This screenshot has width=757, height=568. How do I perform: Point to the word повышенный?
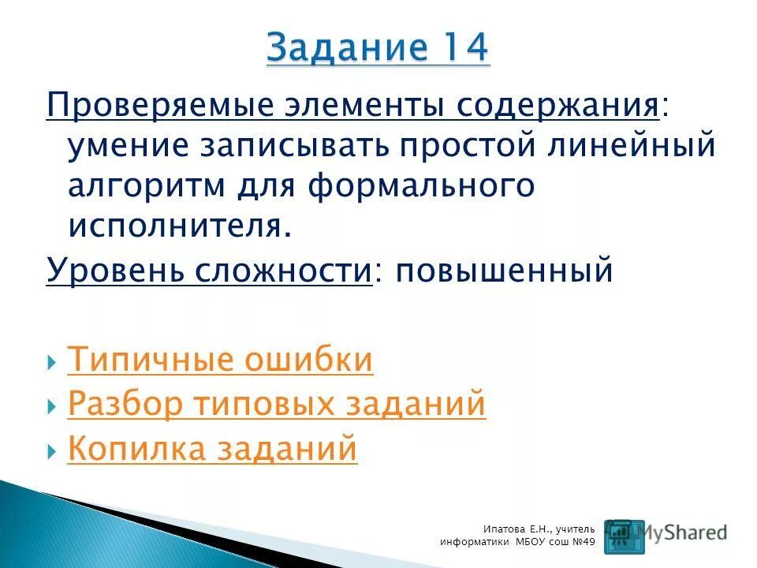(505, 271)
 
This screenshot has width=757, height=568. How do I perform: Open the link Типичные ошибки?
(221, 360)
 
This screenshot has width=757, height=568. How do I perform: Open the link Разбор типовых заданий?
(277, 404)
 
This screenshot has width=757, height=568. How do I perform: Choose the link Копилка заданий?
(213, 449)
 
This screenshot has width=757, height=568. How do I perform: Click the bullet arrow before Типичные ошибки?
(52, 361)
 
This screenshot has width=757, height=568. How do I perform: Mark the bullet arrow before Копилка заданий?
(52, 450)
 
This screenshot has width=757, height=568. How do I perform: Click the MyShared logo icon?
(623, 536)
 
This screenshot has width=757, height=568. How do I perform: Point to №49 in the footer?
(583, 543)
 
